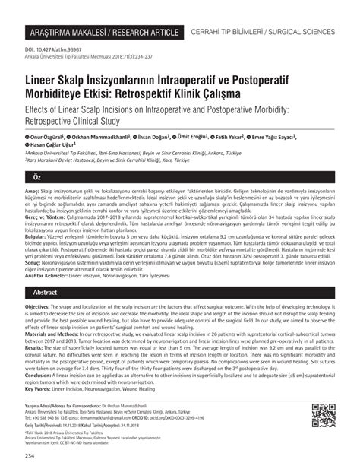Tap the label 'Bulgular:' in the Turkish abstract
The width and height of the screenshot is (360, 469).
(x=38, y=238)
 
